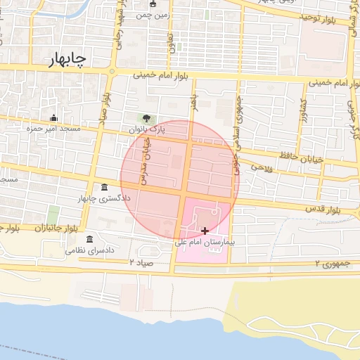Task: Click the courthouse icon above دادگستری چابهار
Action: (105, 187)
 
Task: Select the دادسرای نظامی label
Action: (89, 250)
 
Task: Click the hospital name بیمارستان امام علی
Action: (205, 241)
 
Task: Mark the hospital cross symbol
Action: (205, 231)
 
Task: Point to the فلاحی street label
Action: (261, 168)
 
